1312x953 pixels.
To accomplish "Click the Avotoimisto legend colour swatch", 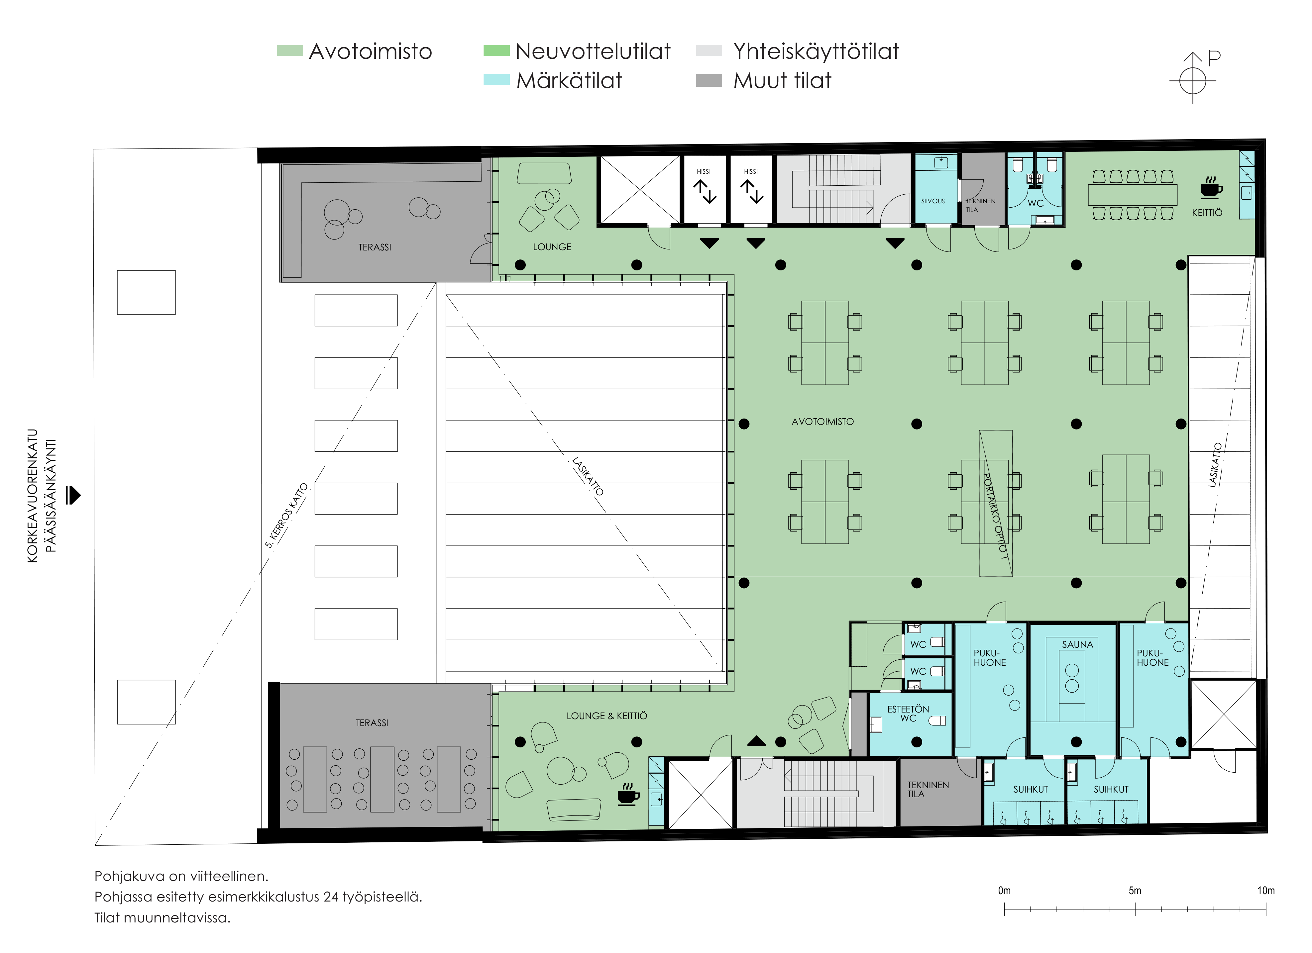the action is [x=290, y=51].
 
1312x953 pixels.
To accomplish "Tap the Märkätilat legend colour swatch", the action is [x=496, y=80].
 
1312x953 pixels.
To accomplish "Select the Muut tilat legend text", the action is [x=782, y=80].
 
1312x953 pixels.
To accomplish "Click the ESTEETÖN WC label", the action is [x=908, y=714].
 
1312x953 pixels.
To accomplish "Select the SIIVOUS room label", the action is [x=933, y=201].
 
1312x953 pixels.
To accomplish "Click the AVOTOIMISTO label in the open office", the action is [x=822, y=422].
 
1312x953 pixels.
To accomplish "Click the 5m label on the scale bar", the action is [x=1135, y=891].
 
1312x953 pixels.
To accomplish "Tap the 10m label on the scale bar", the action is [x=1266, y=891].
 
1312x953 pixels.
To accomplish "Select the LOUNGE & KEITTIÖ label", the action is [x=607, y=716].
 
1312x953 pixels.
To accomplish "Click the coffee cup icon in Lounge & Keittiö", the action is [x=628, y=795].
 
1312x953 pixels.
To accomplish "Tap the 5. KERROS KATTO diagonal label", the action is [x=286, y=515].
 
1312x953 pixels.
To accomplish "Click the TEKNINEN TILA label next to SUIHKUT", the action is [x=928, y=789].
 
